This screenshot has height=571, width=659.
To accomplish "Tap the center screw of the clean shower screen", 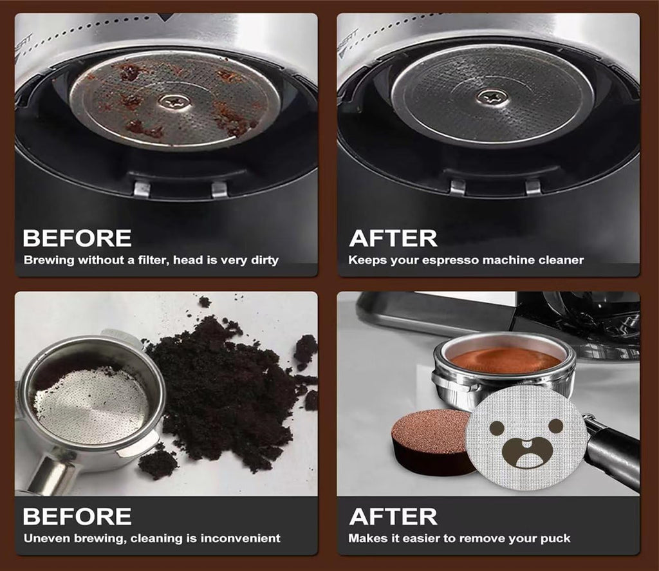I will (x=493, y=97).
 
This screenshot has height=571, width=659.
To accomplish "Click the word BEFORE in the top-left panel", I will (x=77, y=238).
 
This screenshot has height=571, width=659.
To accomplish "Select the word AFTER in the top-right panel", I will (x=393, y=238).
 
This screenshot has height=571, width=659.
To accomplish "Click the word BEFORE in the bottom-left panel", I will (x=77, y=516).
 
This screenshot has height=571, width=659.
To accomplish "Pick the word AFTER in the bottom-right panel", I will (x=393, y=516).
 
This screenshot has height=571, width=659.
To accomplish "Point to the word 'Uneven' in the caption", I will (x=42, y=538).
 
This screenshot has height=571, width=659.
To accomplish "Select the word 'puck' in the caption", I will (x=555, y=538).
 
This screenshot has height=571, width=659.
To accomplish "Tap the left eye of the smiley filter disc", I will (x=497, y=427).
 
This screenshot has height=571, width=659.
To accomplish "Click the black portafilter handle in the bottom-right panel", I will (x=615, y=451).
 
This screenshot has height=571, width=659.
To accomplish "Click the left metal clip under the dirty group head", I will (x=142, y=189).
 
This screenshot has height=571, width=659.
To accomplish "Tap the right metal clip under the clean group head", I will (x=533, y=187).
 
